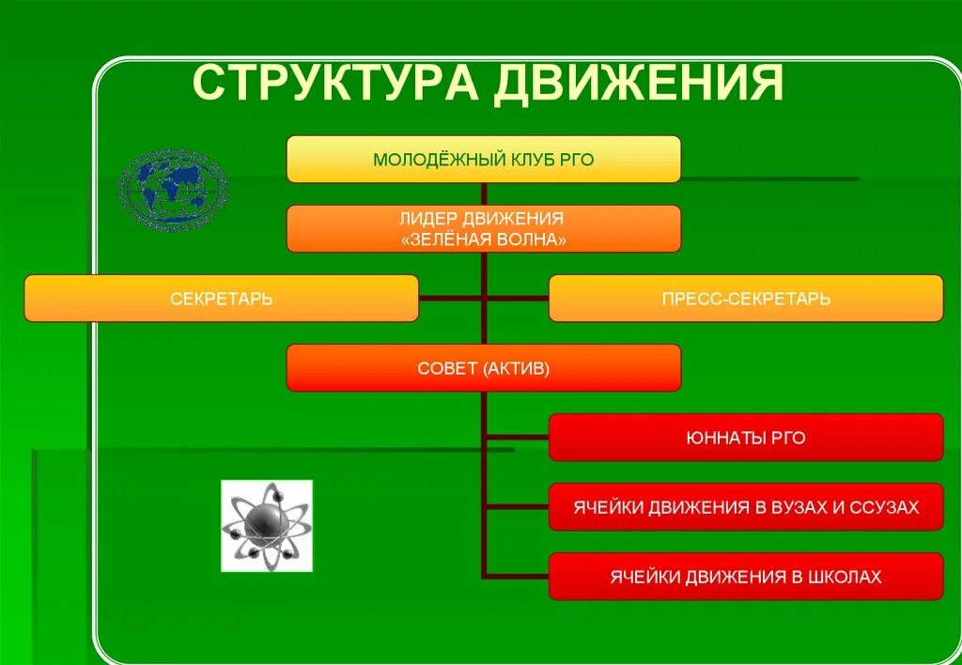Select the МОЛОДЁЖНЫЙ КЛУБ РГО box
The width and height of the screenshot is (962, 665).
click(483, 159)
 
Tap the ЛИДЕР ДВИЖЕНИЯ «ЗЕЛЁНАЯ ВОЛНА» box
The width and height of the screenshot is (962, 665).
click(483, 228)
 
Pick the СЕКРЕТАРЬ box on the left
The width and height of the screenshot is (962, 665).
click(221, 299)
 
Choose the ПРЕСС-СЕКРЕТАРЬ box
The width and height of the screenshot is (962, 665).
click(745, 299)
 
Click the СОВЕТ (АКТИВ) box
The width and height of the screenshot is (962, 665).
click(483, 367)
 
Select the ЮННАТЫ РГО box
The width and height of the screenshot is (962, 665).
click(745, 438)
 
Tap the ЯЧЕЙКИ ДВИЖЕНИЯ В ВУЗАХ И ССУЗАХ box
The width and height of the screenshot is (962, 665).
click(745, 507)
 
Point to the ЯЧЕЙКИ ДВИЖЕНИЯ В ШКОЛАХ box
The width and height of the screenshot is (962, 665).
click(745, 577)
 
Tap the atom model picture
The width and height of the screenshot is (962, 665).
click(267, 525)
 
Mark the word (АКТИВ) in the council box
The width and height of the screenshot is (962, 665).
click(517, 368)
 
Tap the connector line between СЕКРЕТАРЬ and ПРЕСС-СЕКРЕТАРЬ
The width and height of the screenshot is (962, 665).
click(483, 299)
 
